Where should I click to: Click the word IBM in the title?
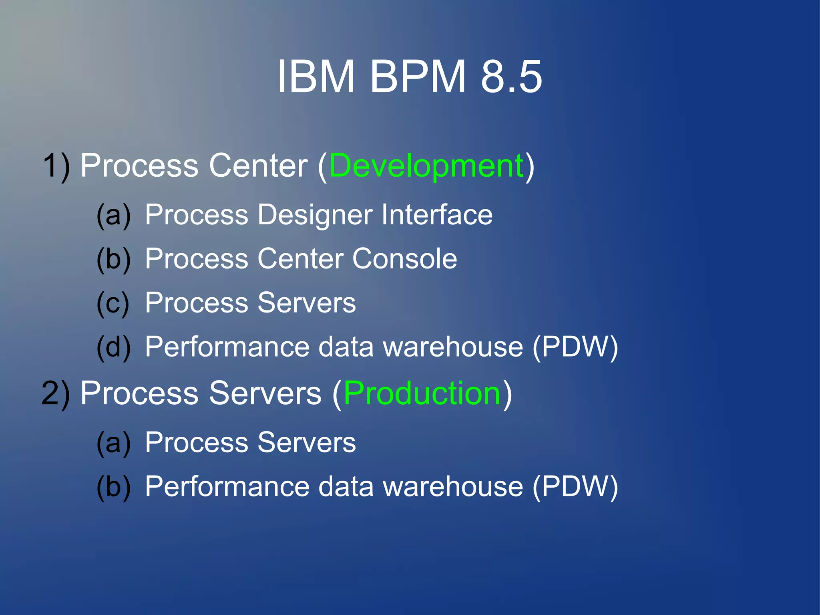click(316, 76)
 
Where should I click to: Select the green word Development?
click(426, 165)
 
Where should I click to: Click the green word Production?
click(422, 393)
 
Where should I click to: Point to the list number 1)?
click(56, 165)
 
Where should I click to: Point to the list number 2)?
click(56, 393)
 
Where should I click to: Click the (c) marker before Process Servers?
click(113, 303)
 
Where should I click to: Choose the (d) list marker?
click(114, 347)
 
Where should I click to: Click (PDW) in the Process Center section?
click(575, 347)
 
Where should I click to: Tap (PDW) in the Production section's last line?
click(575, 487)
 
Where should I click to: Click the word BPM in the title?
click(418, 76)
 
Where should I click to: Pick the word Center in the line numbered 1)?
click(258, 165)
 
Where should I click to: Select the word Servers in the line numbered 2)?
click(265, 393)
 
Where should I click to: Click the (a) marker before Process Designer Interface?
click(114, 215)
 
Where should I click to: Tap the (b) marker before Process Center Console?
click(114, 259)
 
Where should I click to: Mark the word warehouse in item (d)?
click(453, 347)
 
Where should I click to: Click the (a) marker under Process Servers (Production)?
click(114, 443)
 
